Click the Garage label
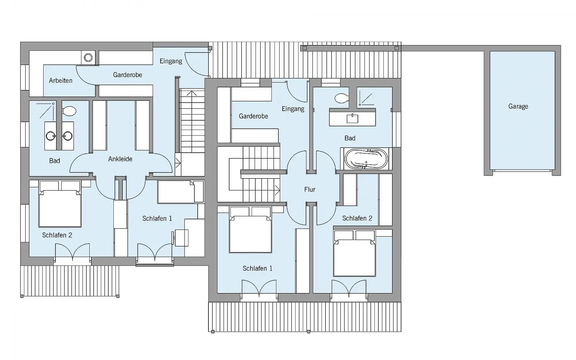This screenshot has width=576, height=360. click(x=518, y=106)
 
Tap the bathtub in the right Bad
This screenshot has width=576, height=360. click(x=366, y=159)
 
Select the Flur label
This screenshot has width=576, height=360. click(x=310, y=189)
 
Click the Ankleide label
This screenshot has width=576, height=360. click(x=120, y=159)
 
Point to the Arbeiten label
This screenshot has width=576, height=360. click(x=61, y=81)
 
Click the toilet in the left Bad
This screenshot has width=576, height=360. click(x=69, y=111)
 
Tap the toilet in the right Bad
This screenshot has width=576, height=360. click(x=342, y=98)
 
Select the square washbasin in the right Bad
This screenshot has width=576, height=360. click(x=352, y=118)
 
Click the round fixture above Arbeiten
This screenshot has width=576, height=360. click(x=88, y=58)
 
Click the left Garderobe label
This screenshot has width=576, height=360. click(x=127, y=75)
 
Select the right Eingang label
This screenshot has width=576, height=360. click(x=293, y=109)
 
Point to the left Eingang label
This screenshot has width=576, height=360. click(x=171, y=61)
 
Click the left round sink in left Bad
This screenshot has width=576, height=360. click(x=50, y=136)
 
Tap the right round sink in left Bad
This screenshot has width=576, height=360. click(x=68, y=136)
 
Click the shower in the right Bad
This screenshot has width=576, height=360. click(x=366, y=99)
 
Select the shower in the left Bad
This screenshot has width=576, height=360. click(x=45, y=111)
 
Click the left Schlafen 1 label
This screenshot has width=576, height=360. click(x=157, y=219)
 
